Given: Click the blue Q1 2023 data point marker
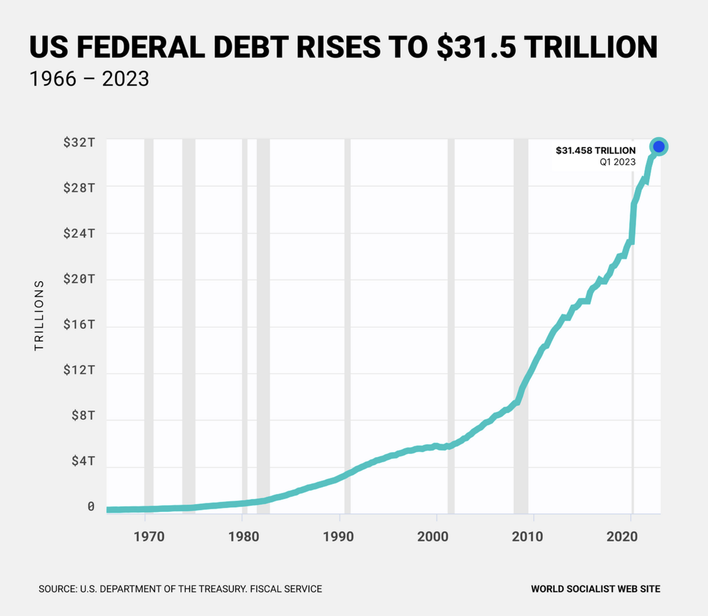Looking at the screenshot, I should (659, 146).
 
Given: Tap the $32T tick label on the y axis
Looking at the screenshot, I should (79, 143).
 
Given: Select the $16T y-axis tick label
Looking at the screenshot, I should (79, 324).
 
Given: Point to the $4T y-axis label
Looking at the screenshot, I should (83, 461).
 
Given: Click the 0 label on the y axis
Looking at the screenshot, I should (91, 507).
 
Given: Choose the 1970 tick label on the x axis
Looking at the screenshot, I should (149, 536).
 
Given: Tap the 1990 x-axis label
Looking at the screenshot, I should (339, 536).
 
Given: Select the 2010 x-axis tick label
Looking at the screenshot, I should (527, 536).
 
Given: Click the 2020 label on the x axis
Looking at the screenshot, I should (622, 536).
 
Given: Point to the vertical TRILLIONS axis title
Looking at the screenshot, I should (39, 315).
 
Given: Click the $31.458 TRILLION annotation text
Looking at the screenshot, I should (596, 150).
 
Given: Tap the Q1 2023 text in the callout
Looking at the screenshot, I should (617, 162).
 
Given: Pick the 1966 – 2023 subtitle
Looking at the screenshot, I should (89, 79).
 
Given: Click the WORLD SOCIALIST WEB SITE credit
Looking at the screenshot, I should (595, 589).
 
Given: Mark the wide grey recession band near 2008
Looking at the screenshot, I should (520, 326).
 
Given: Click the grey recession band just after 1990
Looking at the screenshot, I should (347, 326).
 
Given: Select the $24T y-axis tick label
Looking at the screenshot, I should (79, 233).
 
